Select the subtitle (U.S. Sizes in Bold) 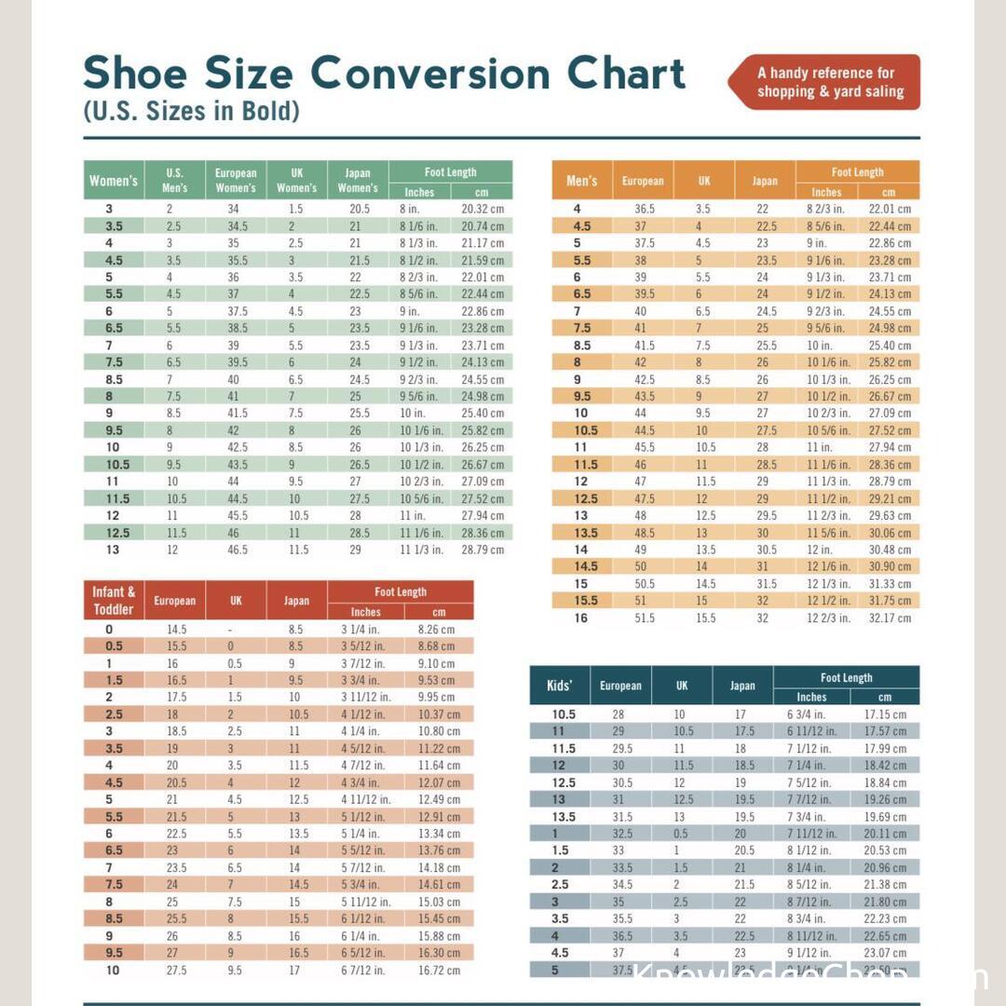pyautogui.click(x=191, y=112)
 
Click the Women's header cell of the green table pyautogui.click(x=114, y=181)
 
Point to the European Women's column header pyautogui.click(x=236, y=181)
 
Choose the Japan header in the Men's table pyautogui.click(x=765, y=181)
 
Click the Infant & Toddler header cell pyautogui.click(x=114, y=601)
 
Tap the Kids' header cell pyautogui.click(x=559, y=686)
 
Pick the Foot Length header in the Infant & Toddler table pyautogui.click(x=401, y=592)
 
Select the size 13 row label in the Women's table pyautogui.click(x=113, y=550)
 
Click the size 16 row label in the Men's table pyautogui.click(x=581, y=618)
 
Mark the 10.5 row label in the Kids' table pyautogui.click(x=564, y=714)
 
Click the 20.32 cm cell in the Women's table pyautogui.click(x=483, y=210)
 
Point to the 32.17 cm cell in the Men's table pyautogui.click(x=890, y=618)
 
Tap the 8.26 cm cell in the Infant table pyautogui.click(x=436, y=630)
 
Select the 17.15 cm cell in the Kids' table pyautogui.click(x=885, y=714)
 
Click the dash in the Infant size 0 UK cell pyautogui.click(x=231, y=630)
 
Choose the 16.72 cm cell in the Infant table pyautogui.click(x=439, y=970)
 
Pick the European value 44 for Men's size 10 pyautogui.click(x=641, y=413)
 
